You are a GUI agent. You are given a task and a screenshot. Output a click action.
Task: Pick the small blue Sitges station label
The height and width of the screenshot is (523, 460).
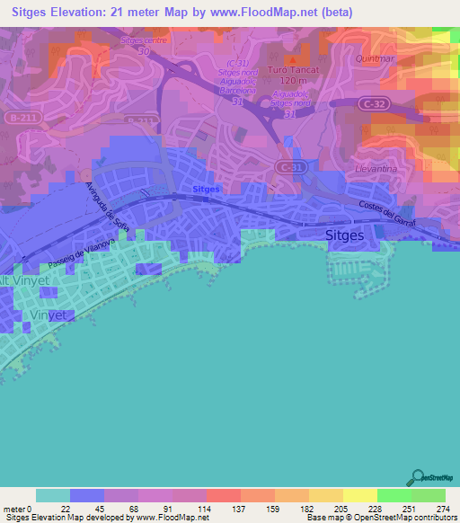tap(207, 190)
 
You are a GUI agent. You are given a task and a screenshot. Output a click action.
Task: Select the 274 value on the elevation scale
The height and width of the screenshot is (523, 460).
tap(443, 508)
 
